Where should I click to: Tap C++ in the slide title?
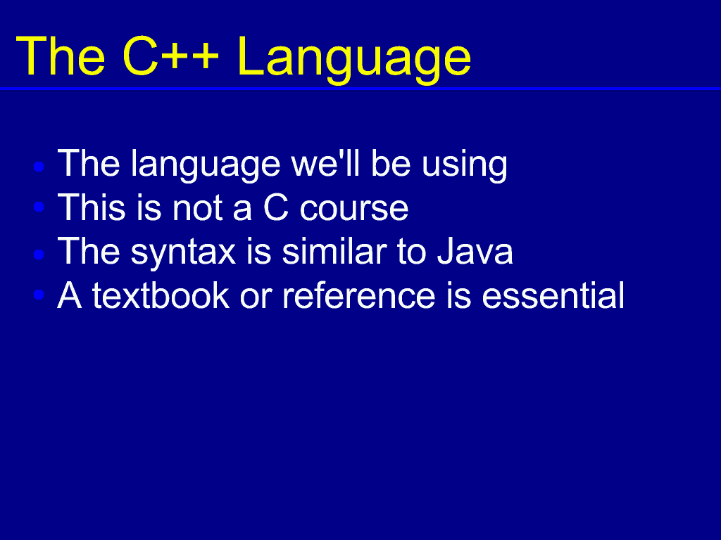[170, 56]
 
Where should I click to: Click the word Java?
[475, 251]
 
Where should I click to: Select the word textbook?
[161, 295]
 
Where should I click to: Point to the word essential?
[553, 295]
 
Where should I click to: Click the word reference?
[358, 295]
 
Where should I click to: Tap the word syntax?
[184, 253]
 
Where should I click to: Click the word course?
[354, 209]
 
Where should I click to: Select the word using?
[465, 165]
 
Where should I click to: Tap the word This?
[91, 207]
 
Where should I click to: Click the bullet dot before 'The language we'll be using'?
[39, 166]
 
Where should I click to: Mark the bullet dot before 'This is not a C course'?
[39, 207]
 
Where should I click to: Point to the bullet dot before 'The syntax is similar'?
[39, 254]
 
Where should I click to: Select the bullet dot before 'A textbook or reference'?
[39, 295]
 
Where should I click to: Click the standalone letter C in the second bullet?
[276, 207]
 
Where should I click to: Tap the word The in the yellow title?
[61, 56]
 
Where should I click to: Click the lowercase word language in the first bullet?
[206, 165]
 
